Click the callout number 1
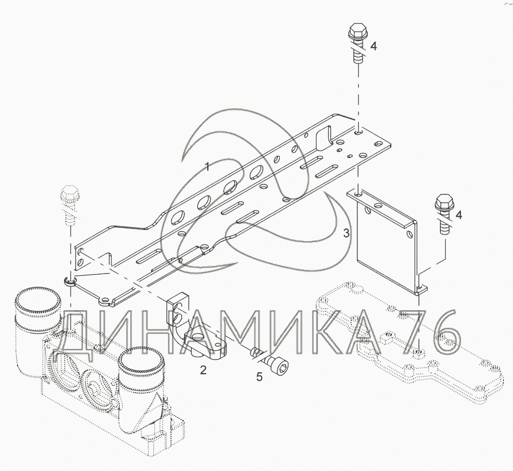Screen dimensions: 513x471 [x=207, y=167]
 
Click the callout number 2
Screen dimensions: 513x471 [x=203, y=370]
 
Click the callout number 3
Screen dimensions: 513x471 [x=346, y=233]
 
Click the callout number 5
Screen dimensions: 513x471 [x=259, y=377]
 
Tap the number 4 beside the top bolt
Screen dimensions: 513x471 [x=373, y=46]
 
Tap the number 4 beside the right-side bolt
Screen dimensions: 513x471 [x=458, y=215]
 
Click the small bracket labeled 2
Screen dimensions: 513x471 [x=194, y=329]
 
